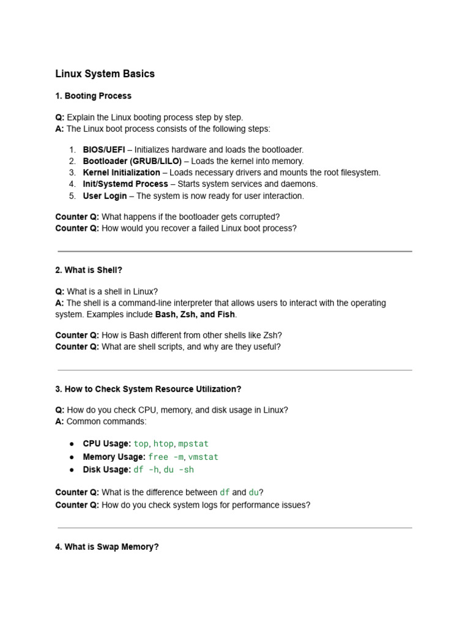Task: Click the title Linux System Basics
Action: [x=105, y=74]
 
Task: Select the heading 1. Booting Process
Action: [x=93, y=96]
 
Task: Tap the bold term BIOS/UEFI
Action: [x=104, y=149]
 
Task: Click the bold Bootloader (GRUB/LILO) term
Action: [x=132, y=161]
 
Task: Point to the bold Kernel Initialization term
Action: [x=121, y=173]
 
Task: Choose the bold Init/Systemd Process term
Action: [x=125, y=184]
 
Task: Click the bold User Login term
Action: [x=105, y=196]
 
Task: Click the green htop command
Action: [x=163, y=444]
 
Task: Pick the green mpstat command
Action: [x=193, y=444]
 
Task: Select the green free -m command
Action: [x=166, y=457]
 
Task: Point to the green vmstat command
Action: [x=203, y=457]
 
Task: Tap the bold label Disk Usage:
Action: [x=107, y=470]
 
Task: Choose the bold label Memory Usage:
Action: [x=114, y=457]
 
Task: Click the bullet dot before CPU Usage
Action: [x=72, y=444]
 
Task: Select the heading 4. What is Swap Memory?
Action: [x=107, y=547]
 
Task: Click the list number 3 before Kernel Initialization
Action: [x=72, y=173]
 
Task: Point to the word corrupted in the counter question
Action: [x=258, y=217]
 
